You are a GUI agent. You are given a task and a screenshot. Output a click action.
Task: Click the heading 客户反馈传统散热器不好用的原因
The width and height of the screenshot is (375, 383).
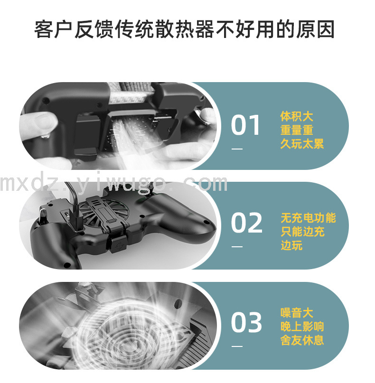(x=185, y=29)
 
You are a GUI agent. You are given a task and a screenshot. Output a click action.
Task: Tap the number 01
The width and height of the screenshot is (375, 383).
(x=245, y=125)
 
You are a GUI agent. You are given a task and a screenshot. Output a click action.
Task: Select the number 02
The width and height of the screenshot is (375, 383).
(x=246, y=223)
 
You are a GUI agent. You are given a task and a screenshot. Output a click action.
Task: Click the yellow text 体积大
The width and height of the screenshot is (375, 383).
(x=297, y=116)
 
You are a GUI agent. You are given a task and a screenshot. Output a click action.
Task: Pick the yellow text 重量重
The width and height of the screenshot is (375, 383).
(x=297, y=130)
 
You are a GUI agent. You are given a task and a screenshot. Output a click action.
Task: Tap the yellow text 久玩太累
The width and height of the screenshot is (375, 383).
(x=302, y=144)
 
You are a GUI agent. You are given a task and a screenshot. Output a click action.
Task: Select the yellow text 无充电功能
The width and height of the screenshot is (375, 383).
(x=308, y=218)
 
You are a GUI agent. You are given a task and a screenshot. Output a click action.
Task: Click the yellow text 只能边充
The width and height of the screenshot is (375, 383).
(x=302, y=231)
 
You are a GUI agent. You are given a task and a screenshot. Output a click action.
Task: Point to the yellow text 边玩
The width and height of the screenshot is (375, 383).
(x=291, y=245)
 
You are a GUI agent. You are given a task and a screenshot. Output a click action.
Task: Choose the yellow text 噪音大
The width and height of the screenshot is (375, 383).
(x=297, y=313)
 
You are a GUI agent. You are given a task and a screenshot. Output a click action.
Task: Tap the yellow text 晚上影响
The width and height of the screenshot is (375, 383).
(x=302, y=327)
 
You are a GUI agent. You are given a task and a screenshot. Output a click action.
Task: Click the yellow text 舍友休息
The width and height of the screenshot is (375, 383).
(x=302, y=340)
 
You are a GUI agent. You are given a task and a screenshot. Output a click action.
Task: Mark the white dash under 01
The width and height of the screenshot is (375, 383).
(x=237, y=149)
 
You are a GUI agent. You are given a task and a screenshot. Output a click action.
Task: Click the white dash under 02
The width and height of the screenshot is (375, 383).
(x=237, y=246)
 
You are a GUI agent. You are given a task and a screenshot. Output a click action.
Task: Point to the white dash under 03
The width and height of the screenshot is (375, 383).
(x=237, y=346)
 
